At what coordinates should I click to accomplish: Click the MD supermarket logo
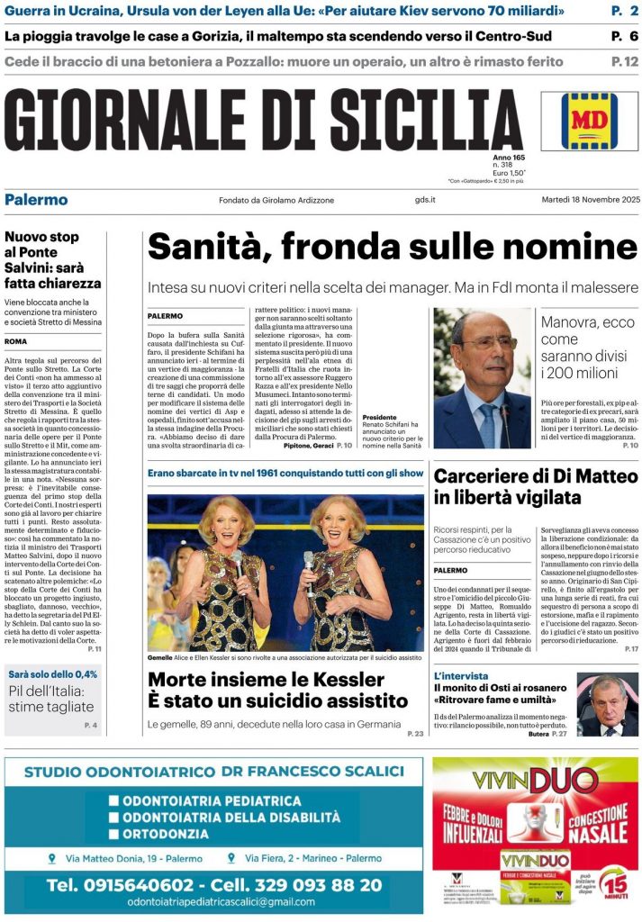pyautogui.click(x=590, y=120)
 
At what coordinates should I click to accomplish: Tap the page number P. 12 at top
pyautogui.click(x=624, y=62)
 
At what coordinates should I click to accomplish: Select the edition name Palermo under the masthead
pyautogui.click(x=36, y=199)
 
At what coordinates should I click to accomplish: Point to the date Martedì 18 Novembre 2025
pyautogui.click(x=590, y=200)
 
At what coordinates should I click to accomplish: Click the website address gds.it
pyautogui.click(x=426, y=200)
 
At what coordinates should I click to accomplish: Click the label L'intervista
pyautogui.click(x=461, y=675)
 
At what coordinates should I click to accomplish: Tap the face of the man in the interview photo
pyautogui.click(x=606, y=696)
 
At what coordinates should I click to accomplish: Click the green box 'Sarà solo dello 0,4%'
pyautogui.click(x=53, y=673)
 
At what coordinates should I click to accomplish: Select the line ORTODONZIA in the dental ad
pyautogui.click(x=166, y=834)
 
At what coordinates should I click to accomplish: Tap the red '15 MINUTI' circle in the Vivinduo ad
pyautogui.click(x=615, y=886)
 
